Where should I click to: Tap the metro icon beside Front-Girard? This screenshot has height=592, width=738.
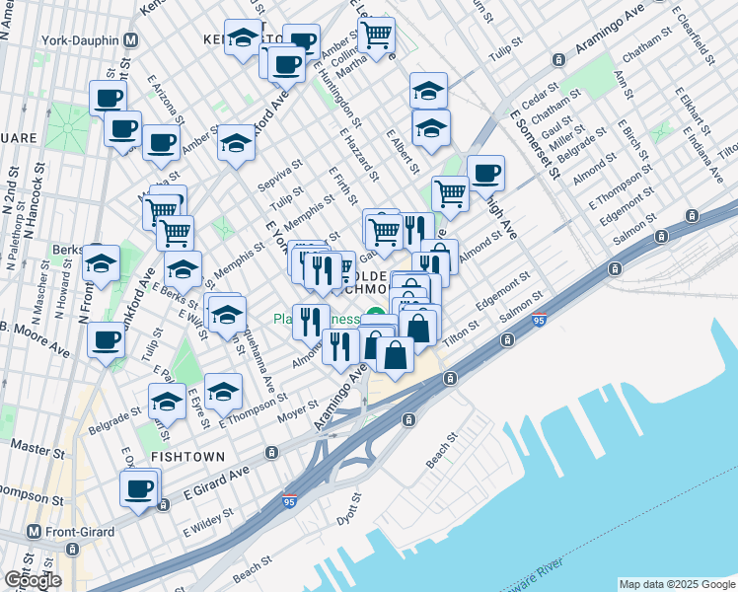click(33, 531)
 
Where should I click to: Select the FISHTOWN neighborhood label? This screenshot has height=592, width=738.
click(188, 457)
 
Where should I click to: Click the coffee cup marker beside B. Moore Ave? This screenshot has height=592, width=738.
click(106, 340)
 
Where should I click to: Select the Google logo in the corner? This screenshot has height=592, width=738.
click(33, 579)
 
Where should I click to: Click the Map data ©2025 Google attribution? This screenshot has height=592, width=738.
click(676, 584)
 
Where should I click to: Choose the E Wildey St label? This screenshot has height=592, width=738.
click(207, 522)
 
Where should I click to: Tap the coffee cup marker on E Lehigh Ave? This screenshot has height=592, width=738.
click(484, 175)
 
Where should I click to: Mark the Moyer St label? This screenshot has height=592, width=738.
click(297, 407)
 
